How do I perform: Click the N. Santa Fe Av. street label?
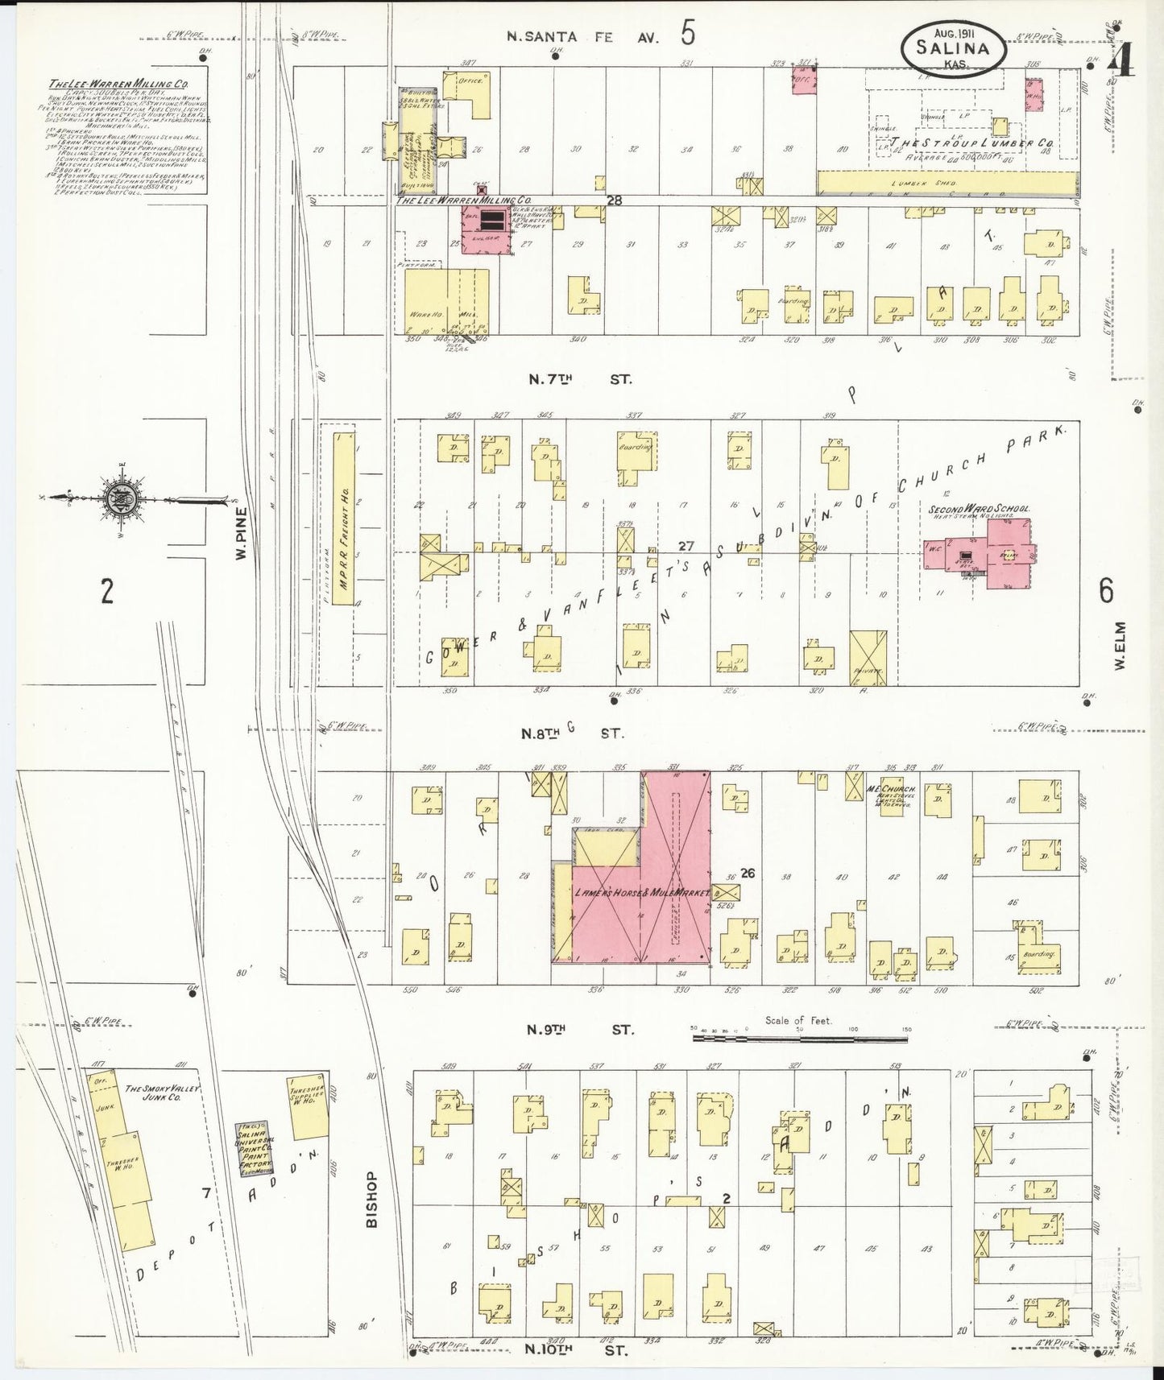tap(585, 35)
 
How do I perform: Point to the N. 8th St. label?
tap(579, 733)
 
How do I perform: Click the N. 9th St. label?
tap(580, 1029)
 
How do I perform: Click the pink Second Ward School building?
tap(999, 554)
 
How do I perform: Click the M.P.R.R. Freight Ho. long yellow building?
tap(343, 555)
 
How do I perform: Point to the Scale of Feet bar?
tap(799, 1039)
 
